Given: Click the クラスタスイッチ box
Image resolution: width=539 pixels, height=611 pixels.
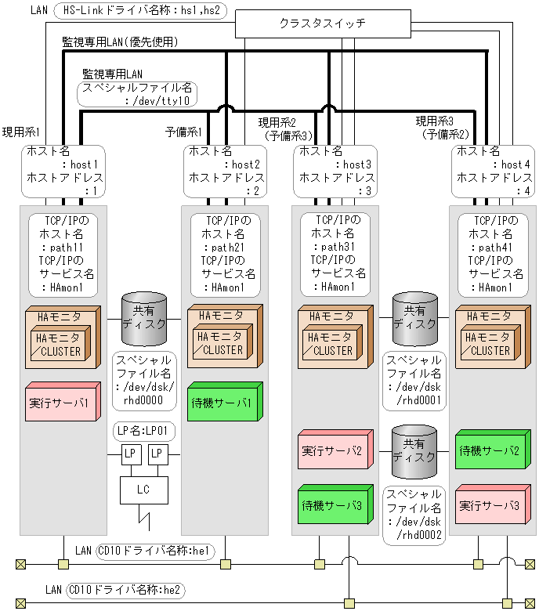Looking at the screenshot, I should pyautogui.click(x=322, y=23).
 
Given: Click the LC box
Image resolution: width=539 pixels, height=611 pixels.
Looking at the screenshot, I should pyautogui.click(x=143, y=490).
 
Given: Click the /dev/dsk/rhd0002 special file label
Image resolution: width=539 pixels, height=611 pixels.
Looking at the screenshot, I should pyautogui.click(x=413, y=515).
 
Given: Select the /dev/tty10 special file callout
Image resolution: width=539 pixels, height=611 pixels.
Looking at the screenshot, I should pyautogui.click(x=137, y=95).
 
